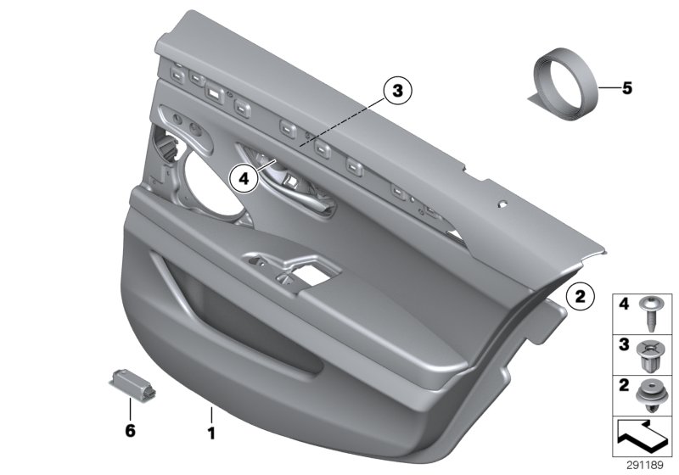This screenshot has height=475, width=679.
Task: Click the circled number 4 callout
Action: coord(243,178)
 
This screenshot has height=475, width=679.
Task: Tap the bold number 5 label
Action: coord(626,87)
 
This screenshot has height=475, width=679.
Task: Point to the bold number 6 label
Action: coord(130,431)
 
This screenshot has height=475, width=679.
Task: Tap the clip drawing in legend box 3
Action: coord(651,354)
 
